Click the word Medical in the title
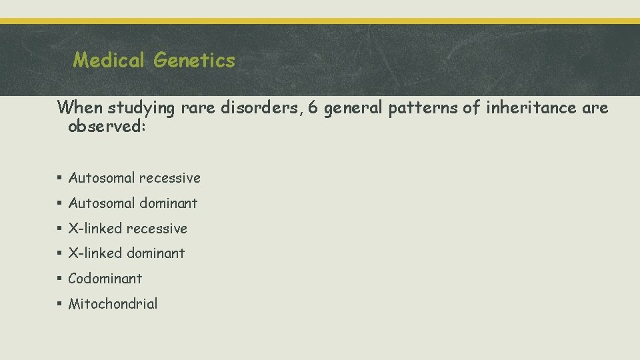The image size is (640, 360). click(x=110, y=61)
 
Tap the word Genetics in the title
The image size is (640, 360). click(x=194, y=61)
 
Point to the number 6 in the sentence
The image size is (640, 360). click(x=315, y=107)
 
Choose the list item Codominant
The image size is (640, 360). click(x=105, y=279)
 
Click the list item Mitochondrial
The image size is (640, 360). click(x=113, y=304)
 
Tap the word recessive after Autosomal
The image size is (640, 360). click(x=169, y=178)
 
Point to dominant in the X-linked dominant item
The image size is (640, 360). click(x=155, y=253)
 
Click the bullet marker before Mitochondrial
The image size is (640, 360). click(x=60, y=305)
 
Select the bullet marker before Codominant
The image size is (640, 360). click(x=60, y=279)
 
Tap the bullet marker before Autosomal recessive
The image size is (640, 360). click(x=60, y=179)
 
